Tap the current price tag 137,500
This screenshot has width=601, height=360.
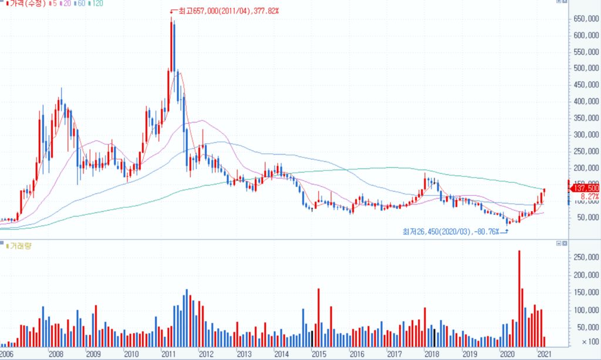[x=586, y=189]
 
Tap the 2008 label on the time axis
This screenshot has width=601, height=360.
[x=56, y=354]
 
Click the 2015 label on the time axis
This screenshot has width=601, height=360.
[x=319, y=354]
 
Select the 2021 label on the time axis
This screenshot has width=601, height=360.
[x=545, y=354]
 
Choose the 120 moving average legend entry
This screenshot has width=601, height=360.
[x=97, y=4]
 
